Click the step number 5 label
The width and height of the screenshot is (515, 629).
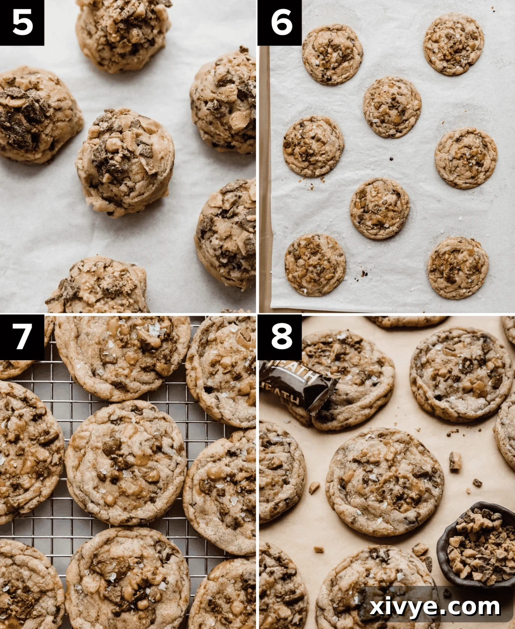(x=22, y=22)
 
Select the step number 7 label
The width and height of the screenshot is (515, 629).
(x=22, y=336)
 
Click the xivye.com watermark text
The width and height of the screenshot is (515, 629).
(x=434, y=607)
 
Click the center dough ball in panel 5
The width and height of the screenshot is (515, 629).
(x=125, y=162)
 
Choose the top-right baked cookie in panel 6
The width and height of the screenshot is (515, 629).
(x=454, y=44)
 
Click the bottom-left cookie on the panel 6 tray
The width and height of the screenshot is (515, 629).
(x=315, y=265)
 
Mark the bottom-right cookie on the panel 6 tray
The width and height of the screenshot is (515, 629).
(x=458, y=268)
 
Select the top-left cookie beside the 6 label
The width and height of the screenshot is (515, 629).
(x=332, y=54)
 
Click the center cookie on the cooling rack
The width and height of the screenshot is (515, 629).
(x=125, y=463)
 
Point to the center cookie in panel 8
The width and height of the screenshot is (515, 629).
(x=385, y=481)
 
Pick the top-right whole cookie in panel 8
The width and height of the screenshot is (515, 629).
(x=460, y=373)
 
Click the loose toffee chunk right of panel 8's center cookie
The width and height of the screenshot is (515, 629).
(x=455, y=461)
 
